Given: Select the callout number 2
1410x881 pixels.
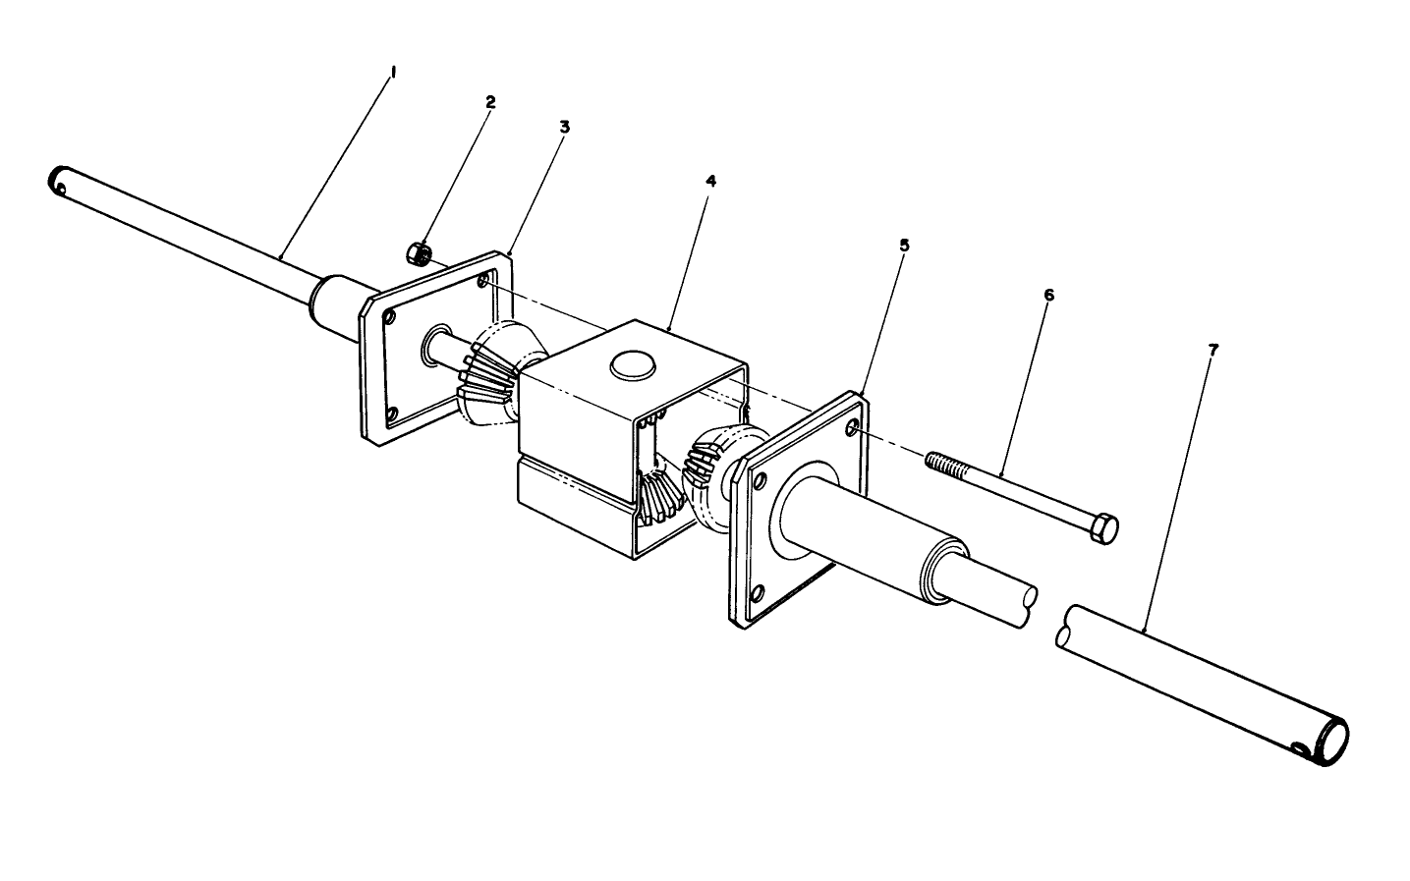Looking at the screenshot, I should [x=490, y=101].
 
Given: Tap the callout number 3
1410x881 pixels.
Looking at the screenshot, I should [x=564, y=127].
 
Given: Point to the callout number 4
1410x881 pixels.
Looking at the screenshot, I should [x=710, y=181].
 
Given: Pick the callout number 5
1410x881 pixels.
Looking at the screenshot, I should [x=904, y=244].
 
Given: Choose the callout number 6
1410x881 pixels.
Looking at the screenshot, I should [x=1047, y=295].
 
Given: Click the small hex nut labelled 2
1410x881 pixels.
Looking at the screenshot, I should [x=418, y=252].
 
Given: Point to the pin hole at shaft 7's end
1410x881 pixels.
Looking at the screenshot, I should [x=1302, y=752].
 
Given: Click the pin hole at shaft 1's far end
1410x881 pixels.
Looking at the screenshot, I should [x=62, y=188].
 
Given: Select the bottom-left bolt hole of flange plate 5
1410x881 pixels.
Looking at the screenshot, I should [x=758, y=593].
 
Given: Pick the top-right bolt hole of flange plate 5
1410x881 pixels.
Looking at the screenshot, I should [x=851, y=428].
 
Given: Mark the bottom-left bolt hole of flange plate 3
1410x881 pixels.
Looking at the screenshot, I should [x=392, y=413].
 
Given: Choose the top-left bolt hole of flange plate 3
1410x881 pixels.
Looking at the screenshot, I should [x=391, y=318].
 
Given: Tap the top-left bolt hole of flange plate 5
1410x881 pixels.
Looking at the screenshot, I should [x=759, y=480].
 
